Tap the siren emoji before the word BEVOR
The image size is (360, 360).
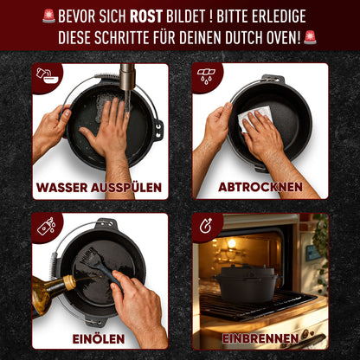(48, 16)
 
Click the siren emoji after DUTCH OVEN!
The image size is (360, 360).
(310, 37)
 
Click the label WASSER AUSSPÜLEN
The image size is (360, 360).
(100, 187)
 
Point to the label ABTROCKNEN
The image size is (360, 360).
(260, 187)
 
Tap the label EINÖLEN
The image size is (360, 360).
(100, 337)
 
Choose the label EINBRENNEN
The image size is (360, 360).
(260, 337)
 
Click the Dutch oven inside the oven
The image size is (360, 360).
(248, 283)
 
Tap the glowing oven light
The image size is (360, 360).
(231, 244)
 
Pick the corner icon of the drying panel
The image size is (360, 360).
(206, 76)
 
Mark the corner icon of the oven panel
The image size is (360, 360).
(206, 227)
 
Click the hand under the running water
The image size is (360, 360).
(108, 134)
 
